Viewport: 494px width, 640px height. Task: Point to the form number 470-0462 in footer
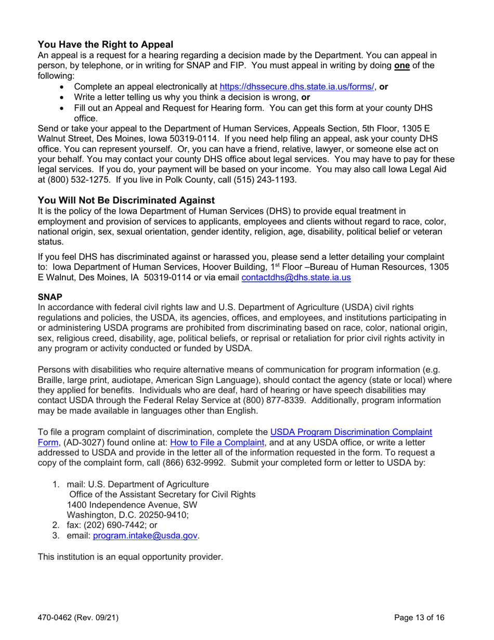pyautogui.click(x=57, y=619)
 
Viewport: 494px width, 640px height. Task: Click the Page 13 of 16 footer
pyautogui.click(x=419, y=619)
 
